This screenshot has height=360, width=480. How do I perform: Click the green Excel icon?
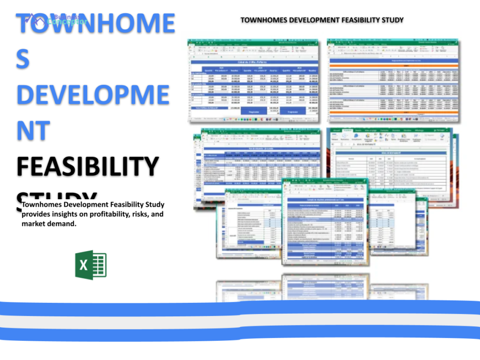(x=90, y=265)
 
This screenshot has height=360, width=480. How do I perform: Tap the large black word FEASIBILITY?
(x=88, y=166)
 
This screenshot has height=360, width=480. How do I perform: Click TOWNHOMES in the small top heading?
(x=262, y=20)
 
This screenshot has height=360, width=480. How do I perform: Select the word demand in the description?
(x=62, y=224)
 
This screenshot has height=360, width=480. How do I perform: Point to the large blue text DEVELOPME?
(x=92, y=94)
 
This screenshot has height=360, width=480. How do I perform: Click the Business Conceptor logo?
(x=56, y=19)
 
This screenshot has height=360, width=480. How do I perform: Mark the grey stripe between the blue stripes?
(x=240, y=321)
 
